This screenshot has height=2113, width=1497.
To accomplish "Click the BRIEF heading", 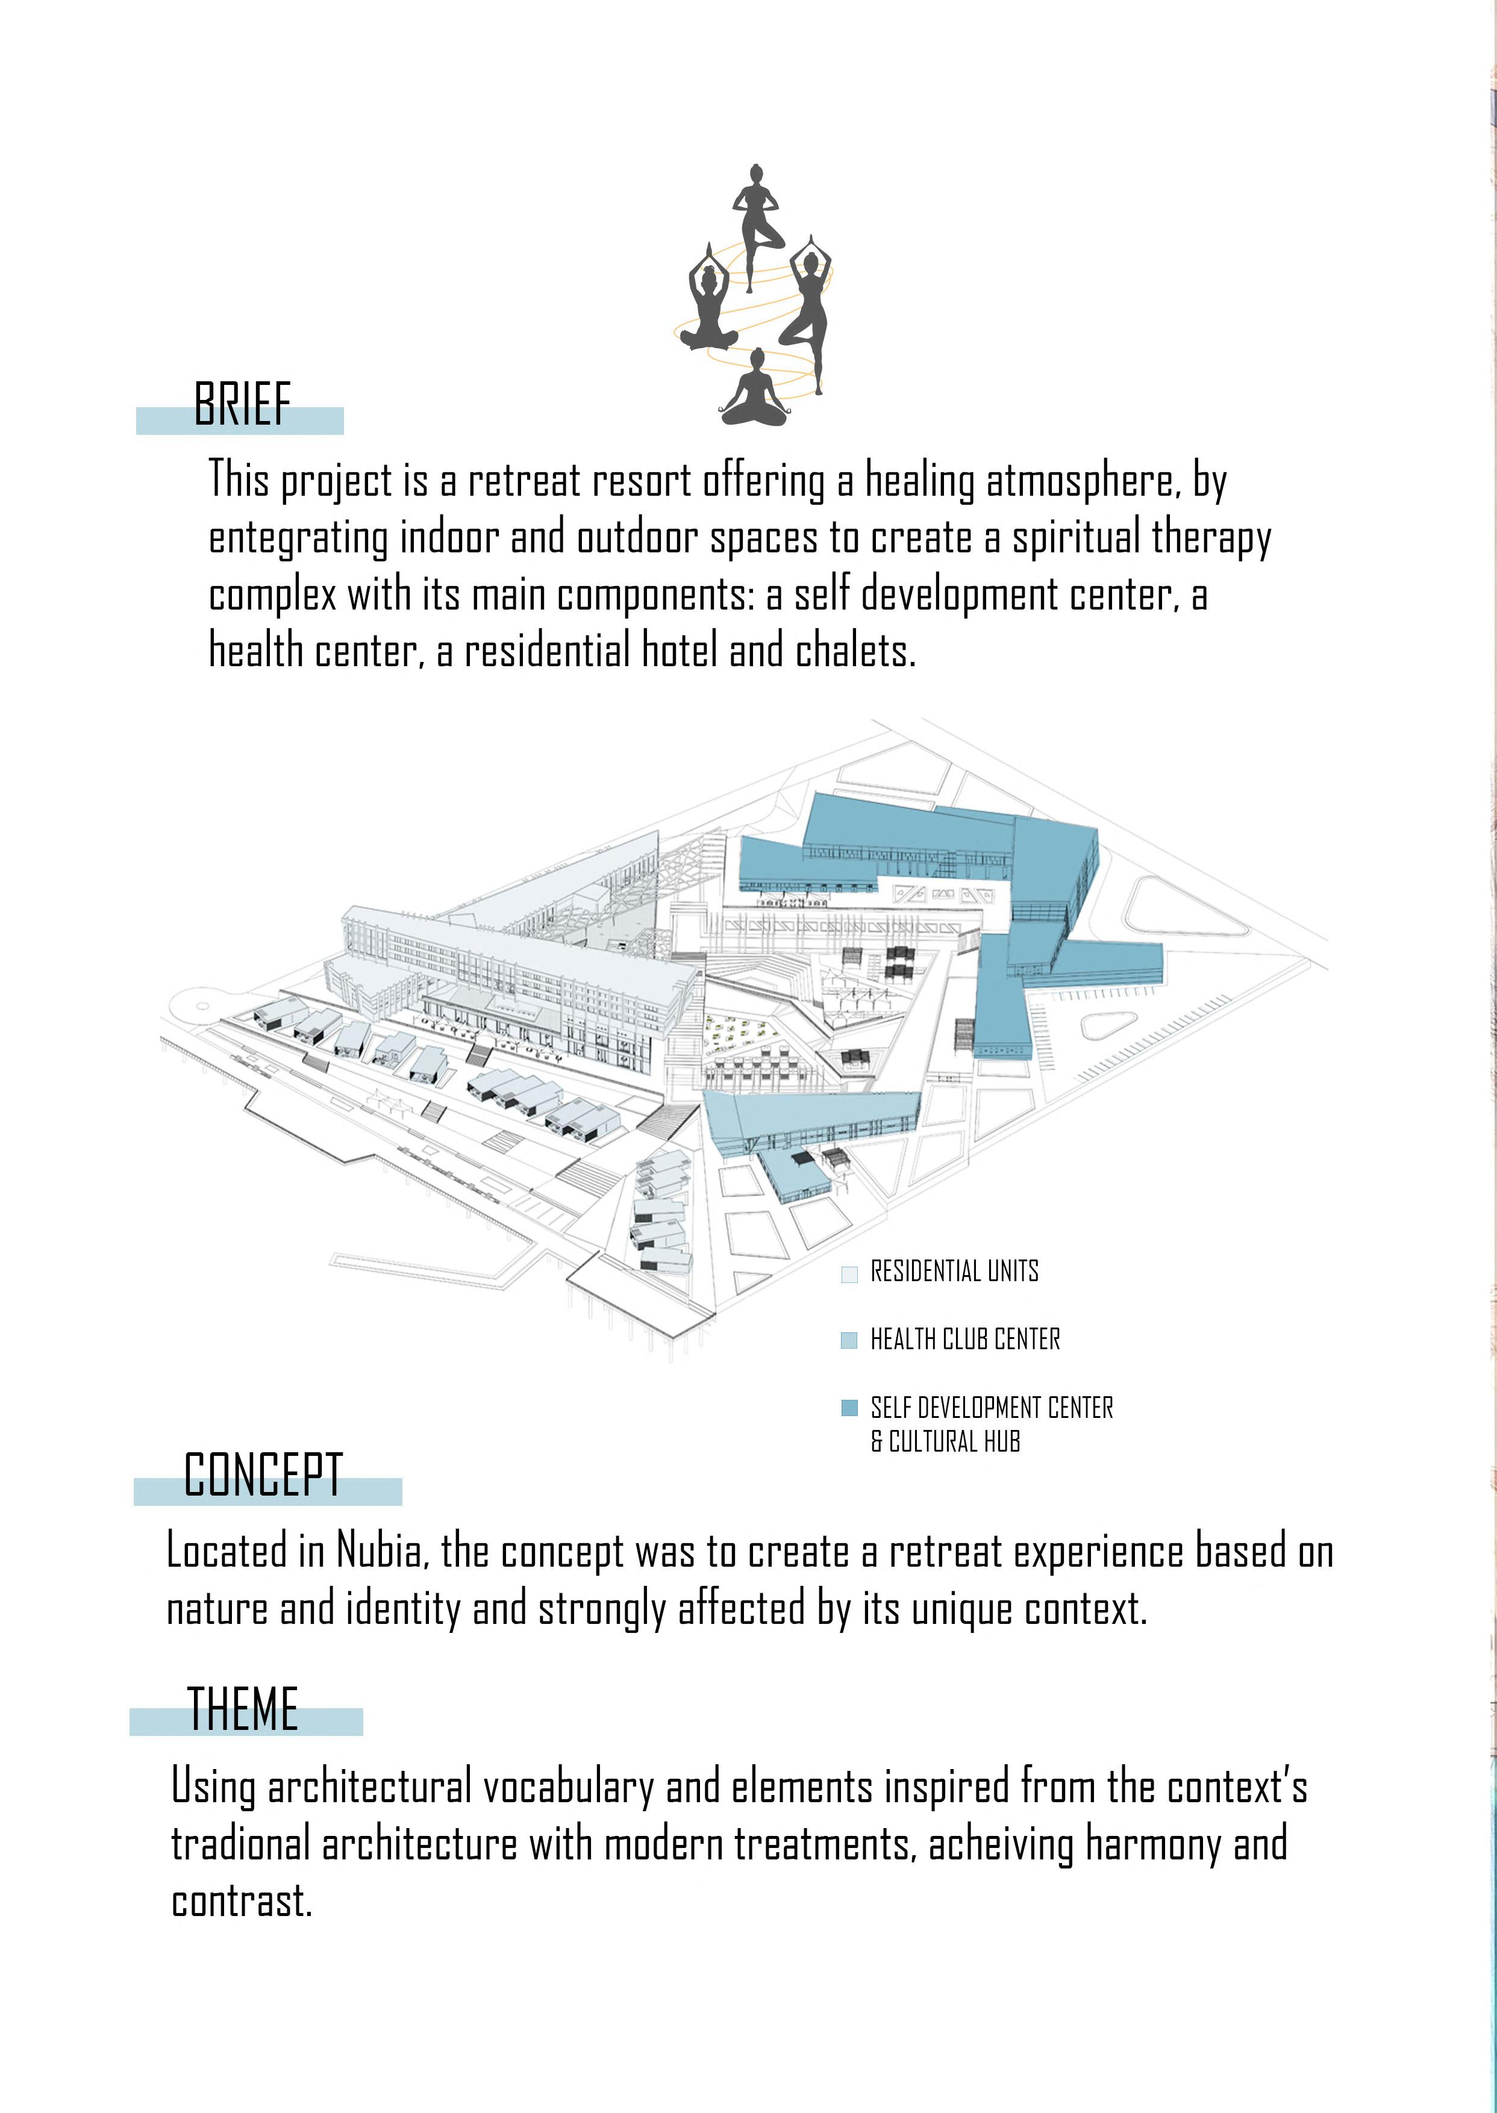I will pyautogui.click(x=242, y=405).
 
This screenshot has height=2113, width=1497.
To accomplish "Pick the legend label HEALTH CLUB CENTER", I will pyautogui.click(x=965, y=1339).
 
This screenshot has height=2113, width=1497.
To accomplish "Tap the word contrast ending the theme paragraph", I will pyautogui.click(x=242, y=1901).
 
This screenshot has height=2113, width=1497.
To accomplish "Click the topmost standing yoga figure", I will pyautogui.click(x=757, y=226).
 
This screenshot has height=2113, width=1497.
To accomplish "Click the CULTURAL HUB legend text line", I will pyautogui.click(x=946, y=1441).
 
